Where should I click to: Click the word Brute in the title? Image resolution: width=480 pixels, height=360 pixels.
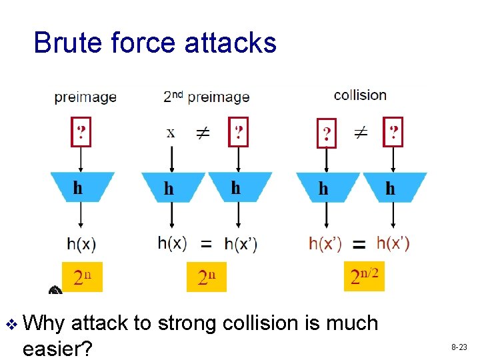click(67, 43)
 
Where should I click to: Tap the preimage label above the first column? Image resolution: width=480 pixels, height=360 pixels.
click(85, 97)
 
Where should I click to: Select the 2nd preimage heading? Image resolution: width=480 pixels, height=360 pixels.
click(207, 97)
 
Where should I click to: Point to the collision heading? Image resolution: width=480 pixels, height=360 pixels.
click(360, 95)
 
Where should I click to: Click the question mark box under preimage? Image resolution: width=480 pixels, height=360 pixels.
click(81, 131)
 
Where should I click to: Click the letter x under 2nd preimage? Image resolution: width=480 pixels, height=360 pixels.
click(171, 132)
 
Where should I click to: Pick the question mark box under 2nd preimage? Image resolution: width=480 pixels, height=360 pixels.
click(237, 131)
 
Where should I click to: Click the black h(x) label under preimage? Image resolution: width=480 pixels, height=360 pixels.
click(81, 245)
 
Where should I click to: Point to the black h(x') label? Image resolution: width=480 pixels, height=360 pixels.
click(241, 245)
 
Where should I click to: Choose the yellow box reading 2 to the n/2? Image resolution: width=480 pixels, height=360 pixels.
click(365, 275)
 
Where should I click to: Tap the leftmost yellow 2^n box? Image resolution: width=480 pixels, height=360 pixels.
click(83, 277)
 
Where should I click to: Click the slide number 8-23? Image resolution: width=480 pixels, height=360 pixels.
click(459, 347)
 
